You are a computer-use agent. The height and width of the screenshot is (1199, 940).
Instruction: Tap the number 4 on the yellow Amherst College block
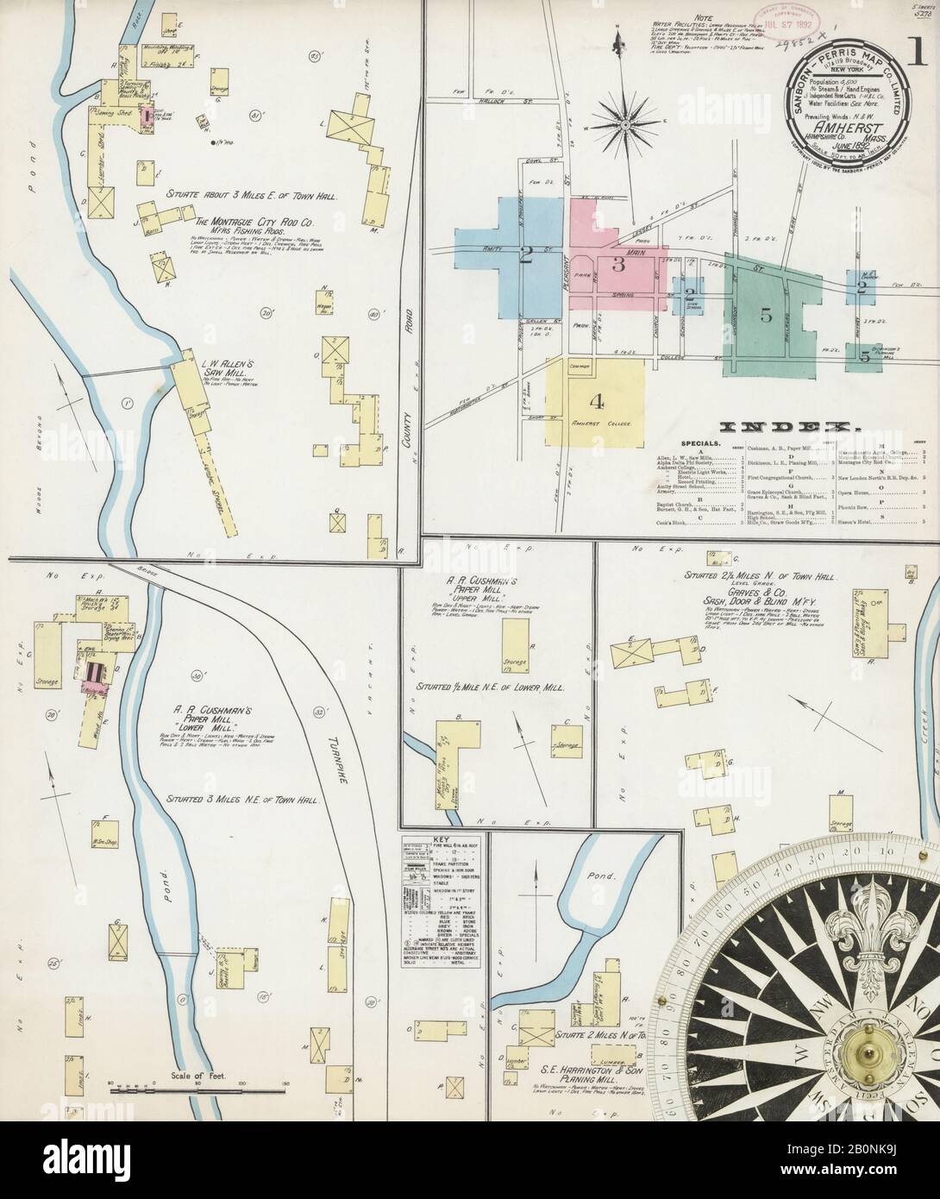click(595, 401)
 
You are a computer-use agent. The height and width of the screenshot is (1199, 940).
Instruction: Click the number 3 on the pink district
click(618, 264)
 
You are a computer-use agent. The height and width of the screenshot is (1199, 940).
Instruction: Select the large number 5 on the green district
click(766, 315)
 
